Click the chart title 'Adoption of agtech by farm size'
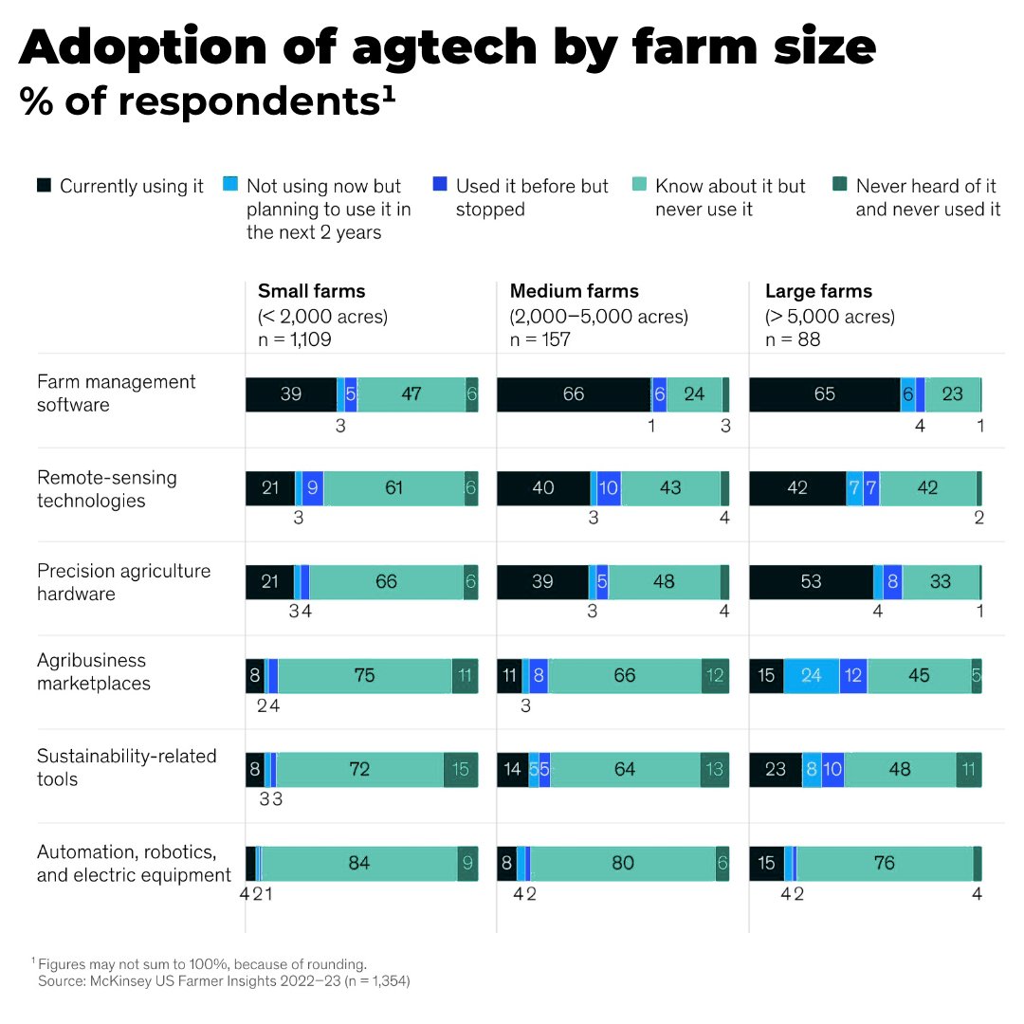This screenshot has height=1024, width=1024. pos(447,47)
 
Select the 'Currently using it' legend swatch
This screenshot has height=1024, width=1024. pos(44,186)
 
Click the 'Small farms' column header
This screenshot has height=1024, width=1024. pos(311,291)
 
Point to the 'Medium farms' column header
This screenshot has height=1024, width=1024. pos(574,291)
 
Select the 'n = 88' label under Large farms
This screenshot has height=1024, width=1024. pos(793,339)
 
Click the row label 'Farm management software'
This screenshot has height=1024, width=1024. pos(116,393)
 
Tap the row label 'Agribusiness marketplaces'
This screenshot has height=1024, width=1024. pos(93,671)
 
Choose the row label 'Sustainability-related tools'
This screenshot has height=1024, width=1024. pos(126,767)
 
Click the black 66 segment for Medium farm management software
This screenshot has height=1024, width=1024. pos(574,394)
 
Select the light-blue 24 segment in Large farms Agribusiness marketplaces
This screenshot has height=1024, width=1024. pos(812,676)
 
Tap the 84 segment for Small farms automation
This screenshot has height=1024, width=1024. pos(359,864)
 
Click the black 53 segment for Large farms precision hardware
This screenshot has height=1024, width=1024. pos(811,582)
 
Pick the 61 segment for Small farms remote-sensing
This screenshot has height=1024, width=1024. pos(394,488)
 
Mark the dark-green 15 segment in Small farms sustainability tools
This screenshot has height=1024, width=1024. pos(461,770)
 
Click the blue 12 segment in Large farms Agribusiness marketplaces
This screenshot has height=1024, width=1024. pos(853,676)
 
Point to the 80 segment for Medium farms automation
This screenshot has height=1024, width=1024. pos(623,864)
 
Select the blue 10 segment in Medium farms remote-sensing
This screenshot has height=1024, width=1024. pos(609,488)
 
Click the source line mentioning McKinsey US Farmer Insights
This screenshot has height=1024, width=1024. pos(224,981)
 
